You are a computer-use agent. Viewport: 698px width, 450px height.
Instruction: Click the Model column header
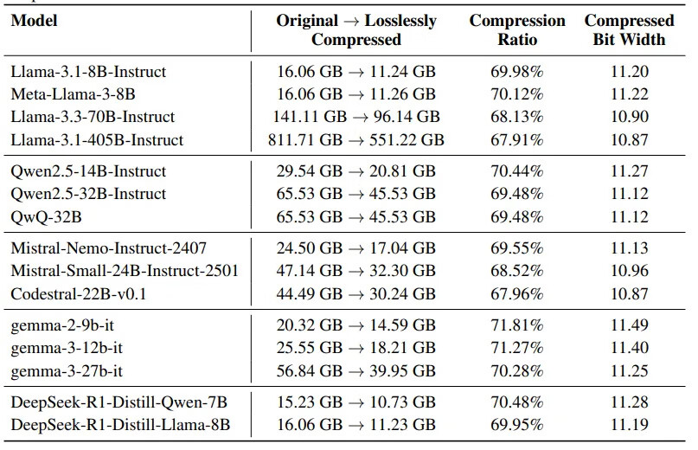click(34, 21)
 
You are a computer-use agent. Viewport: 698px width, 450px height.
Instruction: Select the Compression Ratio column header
click(517, 29)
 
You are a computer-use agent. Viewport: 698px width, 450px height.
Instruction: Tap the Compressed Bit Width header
click(629, 29)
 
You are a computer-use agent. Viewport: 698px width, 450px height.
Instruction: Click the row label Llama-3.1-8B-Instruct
click(88, 72)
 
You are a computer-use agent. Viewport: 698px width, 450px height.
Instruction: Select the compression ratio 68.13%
click(517, 117)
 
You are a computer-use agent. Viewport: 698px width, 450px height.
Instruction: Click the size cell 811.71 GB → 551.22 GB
click(356, 139)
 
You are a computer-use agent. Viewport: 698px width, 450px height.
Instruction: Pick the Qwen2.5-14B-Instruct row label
click(88, 171)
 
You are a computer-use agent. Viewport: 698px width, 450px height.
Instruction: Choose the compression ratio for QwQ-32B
click(517, 216)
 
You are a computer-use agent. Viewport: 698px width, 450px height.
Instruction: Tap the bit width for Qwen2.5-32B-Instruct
click(629, 194)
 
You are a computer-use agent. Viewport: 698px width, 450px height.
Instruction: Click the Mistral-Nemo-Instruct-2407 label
click(108, 249)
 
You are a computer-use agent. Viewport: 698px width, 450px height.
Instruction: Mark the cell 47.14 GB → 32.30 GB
click(356, 272)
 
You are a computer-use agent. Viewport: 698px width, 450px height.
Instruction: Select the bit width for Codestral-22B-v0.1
click(629, 294)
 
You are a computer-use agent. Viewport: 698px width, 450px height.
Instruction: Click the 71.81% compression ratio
click(517, 326)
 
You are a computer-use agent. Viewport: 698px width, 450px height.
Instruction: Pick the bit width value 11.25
click(629, 371)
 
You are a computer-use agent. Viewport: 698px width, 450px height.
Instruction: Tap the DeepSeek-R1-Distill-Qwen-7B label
click(118, 403)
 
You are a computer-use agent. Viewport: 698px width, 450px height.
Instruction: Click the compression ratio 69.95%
click(517, 426)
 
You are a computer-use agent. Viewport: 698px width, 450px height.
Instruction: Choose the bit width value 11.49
click(629, 326)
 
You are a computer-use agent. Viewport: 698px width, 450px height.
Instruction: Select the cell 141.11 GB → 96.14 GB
click(356, 117)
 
